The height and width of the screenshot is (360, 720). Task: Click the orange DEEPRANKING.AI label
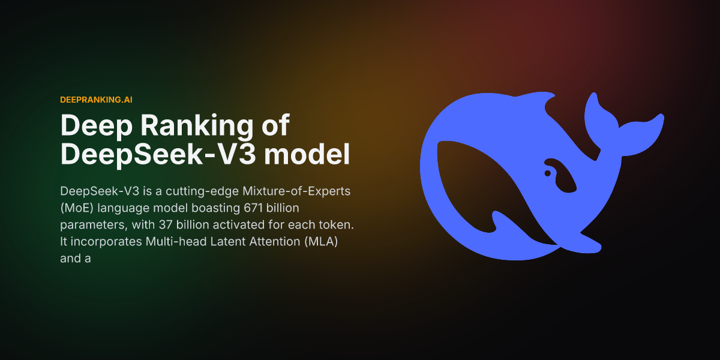click(96, 99)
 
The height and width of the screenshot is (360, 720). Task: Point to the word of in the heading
click(274, 126)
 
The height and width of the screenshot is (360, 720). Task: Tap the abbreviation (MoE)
click(76, 208)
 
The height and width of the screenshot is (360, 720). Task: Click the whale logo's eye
click(547, 173)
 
